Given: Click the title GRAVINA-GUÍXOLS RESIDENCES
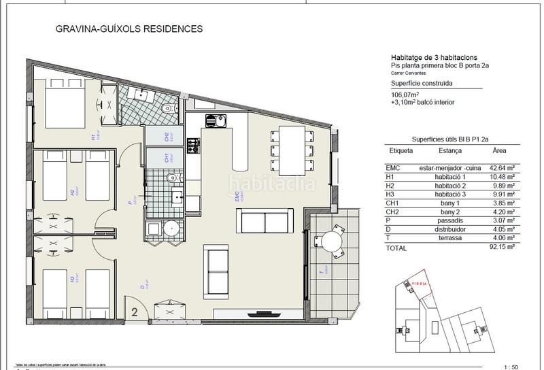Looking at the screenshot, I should click(127, 29).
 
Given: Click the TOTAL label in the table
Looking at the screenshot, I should click(396, 248).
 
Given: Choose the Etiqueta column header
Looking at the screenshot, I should click(400, 151).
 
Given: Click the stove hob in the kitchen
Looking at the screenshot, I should click(194, 145).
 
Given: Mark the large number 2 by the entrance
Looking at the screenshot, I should click(135, 313).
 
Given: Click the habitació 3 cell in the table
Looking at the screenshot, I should click(454, 201).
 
